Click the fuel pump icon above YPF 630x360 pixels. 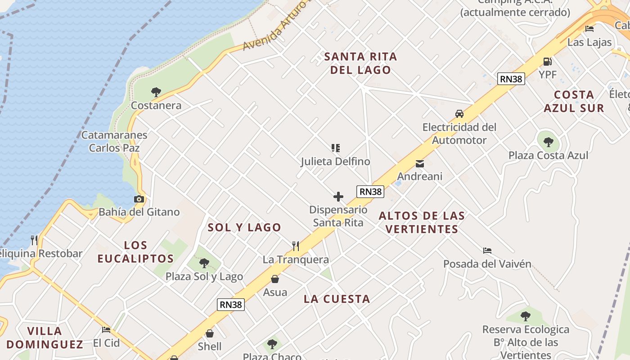547,61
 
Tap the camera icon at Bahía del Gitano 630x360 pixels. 139,199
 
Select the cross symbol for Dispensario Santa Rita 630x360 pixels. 338,197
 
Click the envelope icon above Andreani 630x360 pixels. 420,164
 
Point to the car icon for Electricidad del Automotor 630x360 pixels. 459,114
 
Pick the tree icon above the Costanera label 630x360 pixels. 156,92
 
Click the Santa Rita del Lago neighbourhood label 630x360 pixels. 360,63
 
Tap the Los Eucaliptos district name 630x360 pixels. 135,252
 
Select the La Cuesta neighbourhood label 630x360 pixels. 337,299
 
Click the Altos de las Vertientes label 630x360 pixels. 422,222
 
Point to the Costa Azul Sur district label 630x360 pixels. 574,101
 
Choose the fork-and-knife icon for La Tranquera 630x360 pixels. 296,246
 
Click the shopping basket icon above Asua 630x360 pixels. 275,279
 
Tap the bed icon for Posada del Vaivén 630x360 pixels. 487,251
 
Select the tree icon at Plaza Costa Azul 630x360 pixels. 548,142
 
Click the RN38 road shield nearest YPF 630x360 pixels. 512,79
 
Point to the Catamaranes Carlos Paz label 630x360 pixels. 114,141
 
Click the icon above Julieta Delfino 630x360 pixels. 335,148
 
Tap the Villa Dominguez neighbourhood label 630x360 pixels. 45,337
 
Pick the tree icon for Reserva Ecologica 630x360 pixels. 525,316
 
